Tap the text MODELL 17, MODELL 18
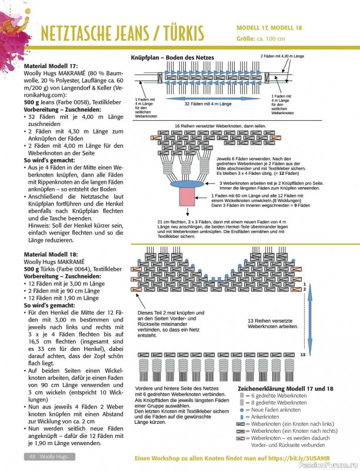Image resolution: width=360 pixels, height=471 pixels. (271, 28)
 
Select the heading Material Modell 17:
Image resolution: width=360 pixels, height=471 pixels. (58, 66)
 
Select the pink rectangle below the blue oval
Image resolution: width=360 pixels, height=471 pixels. (186, 198)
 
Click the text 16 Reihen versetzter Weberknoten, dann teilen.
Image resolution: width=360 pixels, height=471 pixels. (219, 127)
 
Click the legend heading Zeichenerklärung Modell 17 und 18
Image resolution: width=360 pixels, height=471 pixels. (285, 389)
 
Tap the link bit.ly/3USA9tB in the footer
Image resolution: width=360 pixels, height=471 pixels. (323, 458)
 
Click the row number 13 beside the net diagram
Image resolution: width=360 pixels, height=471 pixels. (303, 355)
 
